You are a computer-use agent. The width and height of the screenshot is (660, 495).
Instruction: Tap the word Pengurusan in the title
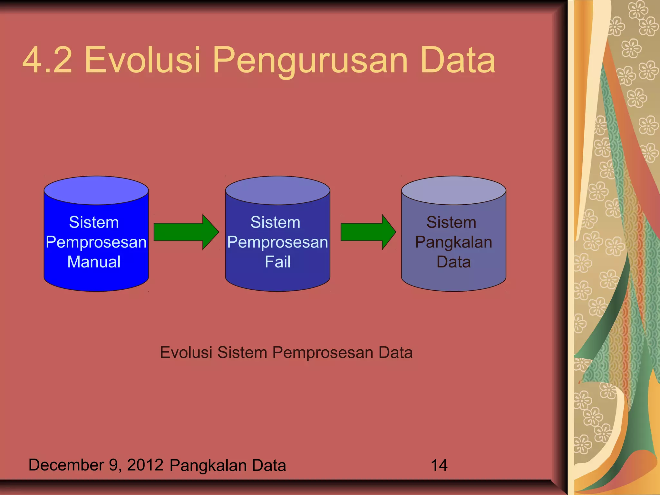coord(310,61)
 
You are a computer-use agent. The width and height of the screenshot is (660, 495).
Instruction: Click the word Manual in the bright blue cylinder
coord(94,262)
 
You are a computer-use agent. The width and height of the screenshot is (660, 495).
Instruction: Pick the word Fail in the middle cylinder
coord(277,262)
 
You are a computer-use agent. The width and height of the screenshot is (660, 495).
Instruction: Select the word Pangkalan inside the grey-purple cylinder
coord(453,242)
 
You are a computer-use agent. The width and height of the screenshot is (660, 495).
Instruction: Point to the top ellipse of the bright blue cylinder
coord(96,190)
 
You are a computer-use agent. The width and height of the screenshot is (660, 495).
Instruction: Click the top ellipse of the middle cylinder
coord(277,190)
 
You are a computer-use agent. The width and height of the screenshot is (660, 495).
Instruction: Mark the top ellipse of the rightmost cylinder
coord(453,190)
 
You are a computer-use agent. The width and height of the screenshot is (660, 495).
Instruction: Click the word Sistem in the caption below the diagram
coord(242,353)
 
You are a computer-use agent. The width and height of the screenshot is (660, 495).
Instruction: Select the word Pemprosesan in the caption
coord(323,353)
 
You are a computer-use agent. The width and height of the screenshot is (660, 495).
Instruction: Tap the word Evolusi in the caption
coord(186,353)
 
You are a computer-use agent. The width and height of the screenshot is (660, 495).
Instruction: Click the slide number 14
coord(439,465)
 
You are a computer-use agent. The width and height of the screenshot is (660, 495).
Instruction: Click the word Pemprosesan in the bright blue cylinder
coord(96,242)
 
